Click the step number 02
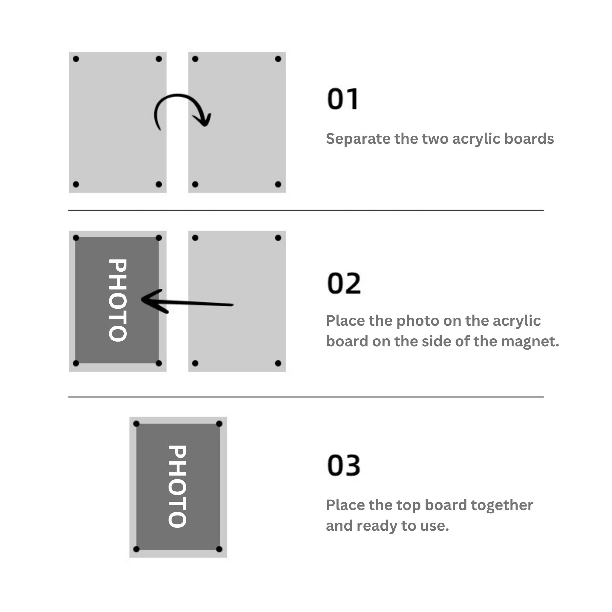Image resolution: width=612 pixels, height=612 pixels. pyautogui.click(x=344, y=283)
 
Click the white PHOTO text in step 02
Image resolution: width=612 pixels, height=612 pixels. pyautogui.click(x=118, y=300)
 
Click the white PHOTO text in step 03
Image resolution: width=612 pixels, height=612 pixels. pyautogui.click(x=177, y=486)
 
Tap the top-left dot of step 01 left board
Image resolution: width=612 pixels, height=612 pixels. pyautogui.click(x=76, y=59)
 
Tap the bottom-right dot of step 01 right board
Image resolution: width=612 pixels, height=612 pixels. pyautogui.click(x=278, y=184)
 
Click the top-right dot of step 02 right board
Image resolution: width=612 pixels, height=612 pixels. pyautogui.click(x=278, y=238)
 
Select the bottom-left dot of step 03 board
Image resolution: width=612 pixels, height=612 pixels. pyautogui.click(x=136, y=549)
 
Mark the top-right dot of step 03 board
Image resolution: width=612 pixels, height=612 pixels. pyautogui.click(x=219, y=424)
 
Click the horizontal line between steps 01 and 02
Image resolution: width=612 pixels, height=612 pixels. pyautogui.click(x=306, y=210)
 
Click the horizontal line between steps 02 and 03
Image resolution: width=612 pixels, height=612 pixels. pyautogui.click(x=306, y=397)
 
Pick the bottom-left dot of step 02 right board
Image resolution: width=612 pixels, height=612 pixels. pyautogui.click(x=195, y=363)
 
